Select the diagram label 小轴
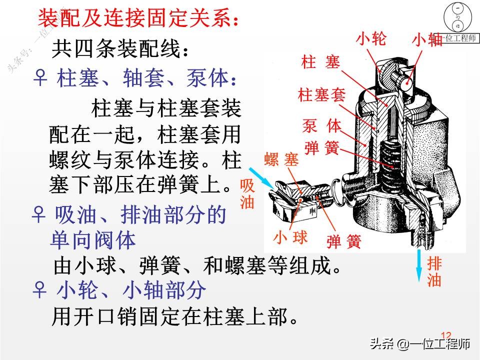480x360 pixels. click(427, 39)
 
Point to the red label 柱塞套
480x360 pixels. click(321, 94)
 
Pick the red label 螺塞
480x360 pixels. click(281, 160)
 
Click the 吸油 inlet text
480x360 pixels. click(247, 194)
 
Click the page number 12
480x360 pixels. click(445, 335)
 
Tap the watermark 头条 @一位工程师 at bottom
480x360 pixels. click(420, 344)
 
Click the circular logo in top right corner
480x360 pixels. click(456, 18)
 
